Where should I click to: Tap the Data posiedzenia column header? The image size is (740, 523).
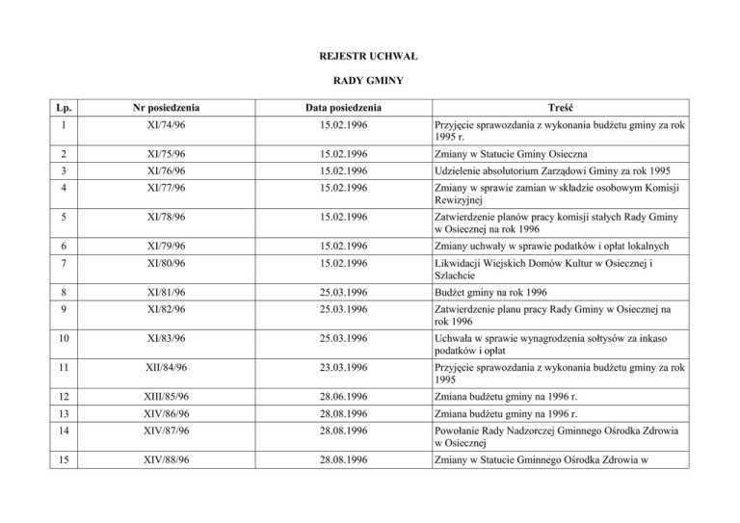click(343, 107)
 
